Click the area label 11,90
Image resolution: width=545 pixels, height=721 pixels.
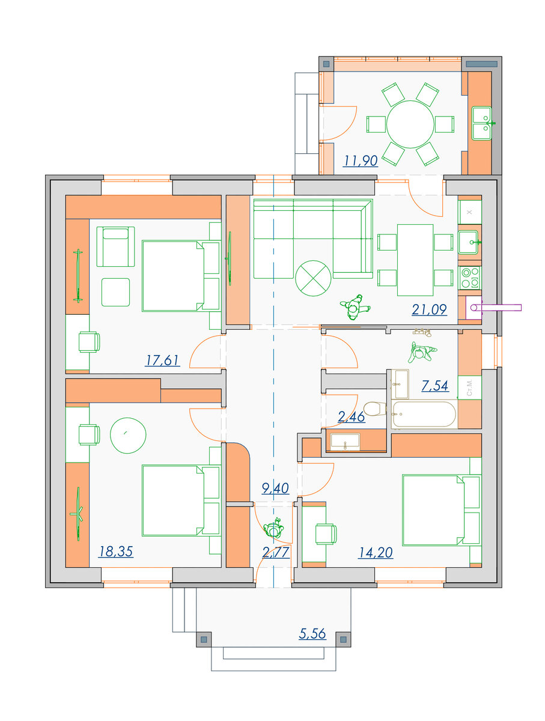[361, 161]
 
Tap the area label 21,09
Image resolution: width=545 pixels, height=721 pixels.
[430, 310]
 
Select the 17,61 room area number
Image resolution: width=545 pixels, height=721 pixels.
[162, 360]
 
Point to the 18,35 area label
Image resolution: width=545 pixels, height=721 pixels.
[115, 552]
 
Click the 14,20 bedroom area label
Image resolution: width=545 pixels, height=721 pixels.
[376, 553]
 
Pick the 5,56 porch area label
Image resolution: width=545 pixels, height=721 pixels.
[312, 634]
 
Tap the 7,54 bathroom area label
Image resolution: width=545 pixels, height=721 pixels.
[435, 386]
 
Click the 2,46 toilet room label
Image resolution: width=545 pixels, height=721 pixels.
[351, 417]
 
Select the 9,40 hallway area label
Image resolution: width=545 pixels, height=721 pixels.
[275, 488]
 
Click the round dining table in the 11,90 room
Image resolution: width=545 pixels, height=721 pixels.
[410, 124]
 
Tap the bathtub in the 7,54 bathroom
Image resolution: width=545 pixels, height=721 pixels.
[424, 414]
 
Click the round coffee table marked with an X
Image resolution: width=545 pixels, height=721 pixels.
[313, 278]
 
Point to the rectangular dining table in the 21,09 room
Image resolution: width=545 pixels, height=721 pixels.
[415, 260]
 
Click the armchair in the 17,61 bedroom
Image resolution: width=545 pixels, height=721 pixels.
[115, 246]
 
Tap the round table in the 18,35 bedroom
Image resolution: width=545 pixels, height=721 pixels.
[128, 436]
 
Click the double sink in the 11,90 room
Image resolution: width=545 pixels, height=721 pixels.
[481, 123]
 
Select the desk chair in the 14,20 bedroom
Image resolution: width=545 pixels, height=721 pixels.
[326, 534]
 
